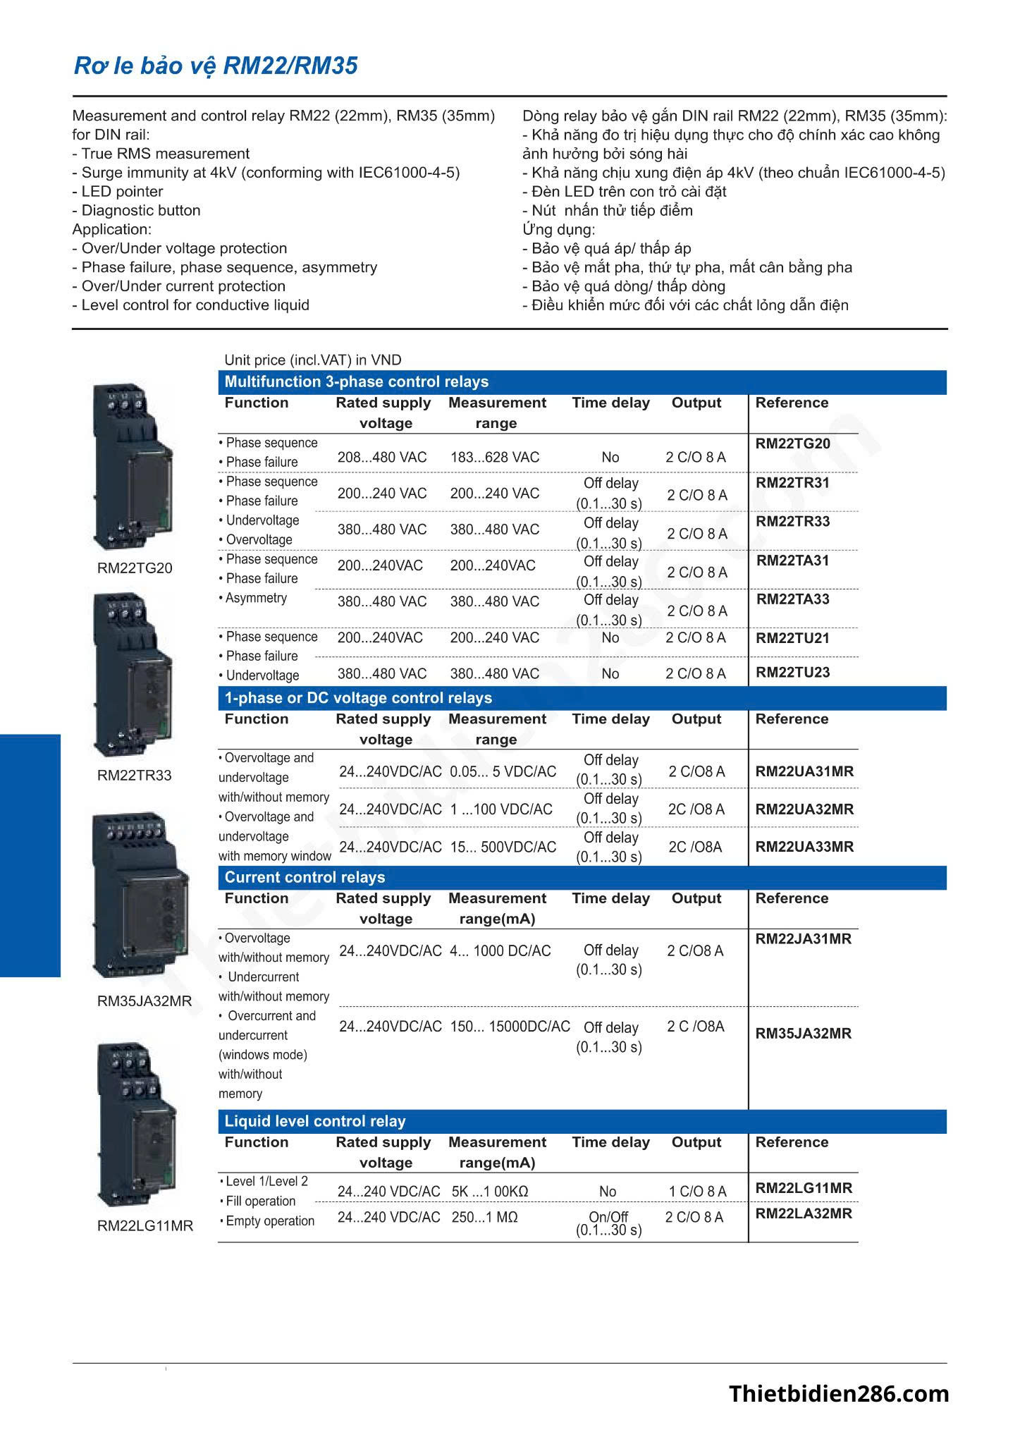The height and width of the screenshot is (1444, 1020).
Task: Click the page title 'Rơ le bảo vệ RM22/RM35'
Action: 216,66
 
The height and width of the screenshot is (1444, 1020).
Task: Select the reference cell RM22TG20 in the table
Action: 792,444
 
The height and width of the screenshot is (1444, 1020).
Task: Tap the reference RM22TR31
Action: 792,484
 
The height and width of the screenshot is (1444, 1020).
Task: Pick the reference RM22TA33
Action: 793,600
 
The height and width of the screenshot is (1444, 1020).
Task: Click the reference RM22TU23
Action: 792,673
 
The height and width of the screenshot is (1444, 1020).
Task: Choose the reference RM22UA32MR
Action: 804,809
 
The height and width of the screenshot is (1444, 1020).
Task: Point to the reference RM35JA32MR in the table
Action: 804,1034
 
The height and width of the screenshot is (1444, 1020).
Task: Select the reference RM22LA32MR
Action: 804,1213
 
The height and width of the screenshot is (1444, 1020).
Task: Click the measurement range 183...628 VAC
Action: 495,458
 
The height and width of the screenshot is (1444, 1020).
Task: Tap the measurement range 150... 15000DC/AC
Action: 510,1027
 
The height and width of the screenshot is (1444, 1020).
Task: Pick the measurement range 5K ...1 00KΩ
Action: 490,1192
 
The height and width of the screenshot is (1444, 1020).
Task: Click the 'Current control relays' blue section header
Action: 305,878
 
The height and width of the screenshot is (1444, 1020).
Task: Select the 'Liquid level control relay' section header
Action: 315,1122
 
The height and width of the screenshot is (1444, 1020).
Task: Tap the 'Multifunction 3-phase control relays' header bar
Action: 356,382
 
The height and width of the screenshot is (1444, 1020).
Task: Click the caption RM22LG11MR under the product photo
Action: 145,1226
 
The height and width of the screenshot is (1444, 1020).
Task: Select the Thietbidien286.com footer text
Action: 839,1394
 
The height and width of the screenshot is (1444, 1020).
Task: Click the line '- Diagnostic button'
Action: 136,211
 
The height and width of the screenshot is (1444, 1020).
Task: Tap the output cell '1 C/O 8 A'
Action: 697,1192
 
